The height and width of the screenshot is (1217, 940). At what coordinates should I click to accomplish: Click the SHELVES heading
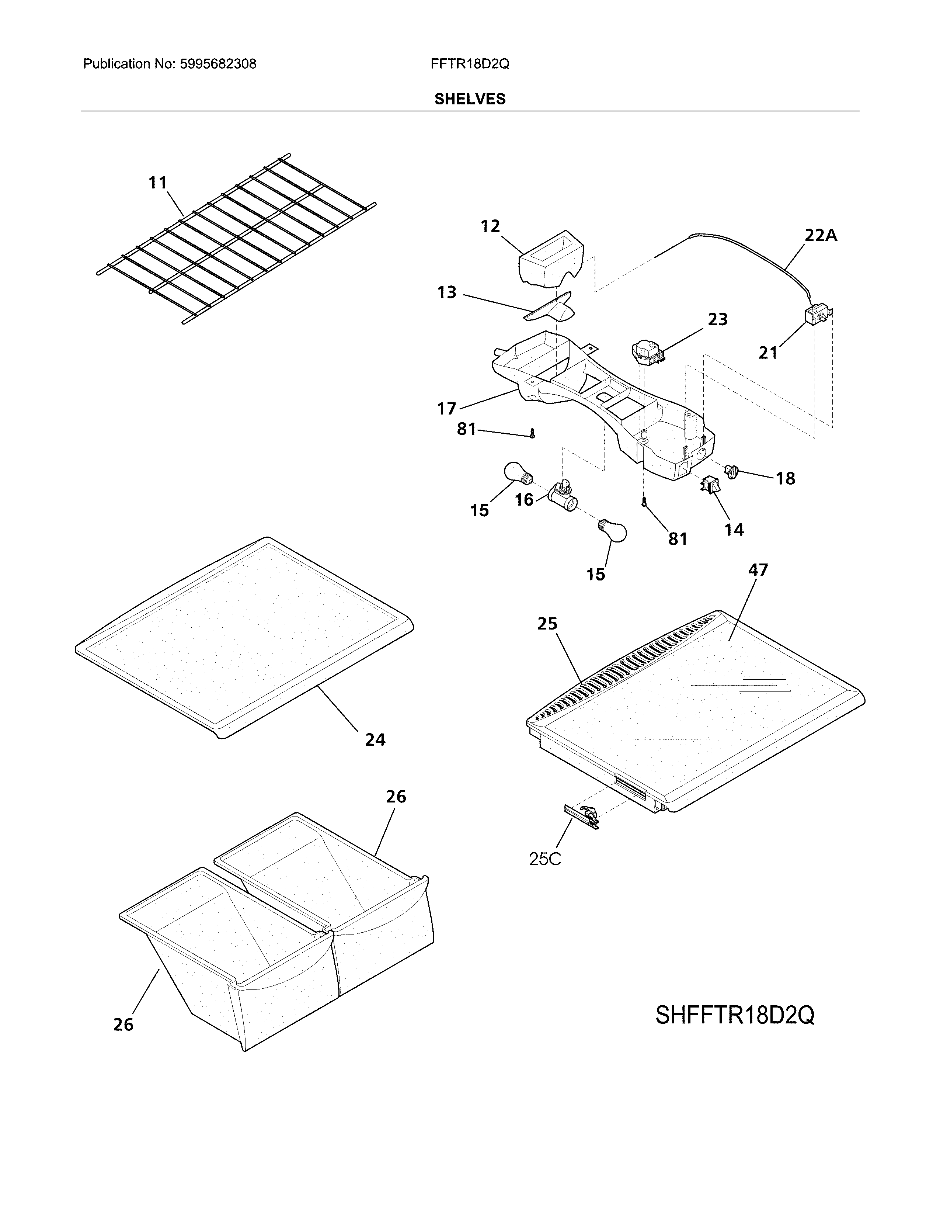469,99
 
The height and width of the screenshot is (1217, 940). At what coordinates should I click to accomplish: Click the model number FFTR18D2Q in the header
469,64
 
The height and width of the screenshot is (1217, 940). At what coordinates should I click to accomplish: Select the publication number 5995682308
218,64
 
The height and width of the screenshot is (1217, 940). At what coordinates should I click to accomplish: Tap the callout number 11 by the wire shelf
158,183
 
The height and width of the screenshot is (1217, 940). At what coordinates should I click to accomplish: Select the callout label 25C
545,859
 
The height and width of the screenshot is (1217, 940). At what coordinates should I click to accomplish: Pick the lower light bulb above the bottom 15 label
613,530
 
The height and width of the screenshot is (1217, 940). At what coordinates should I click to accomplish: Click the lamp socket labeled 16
563,495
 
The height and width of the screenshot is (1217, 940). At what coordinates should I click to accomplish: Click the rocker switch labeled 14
710,485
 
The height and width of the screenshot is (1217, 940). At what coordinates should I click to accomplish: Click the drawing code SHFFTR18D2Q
735,1015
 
